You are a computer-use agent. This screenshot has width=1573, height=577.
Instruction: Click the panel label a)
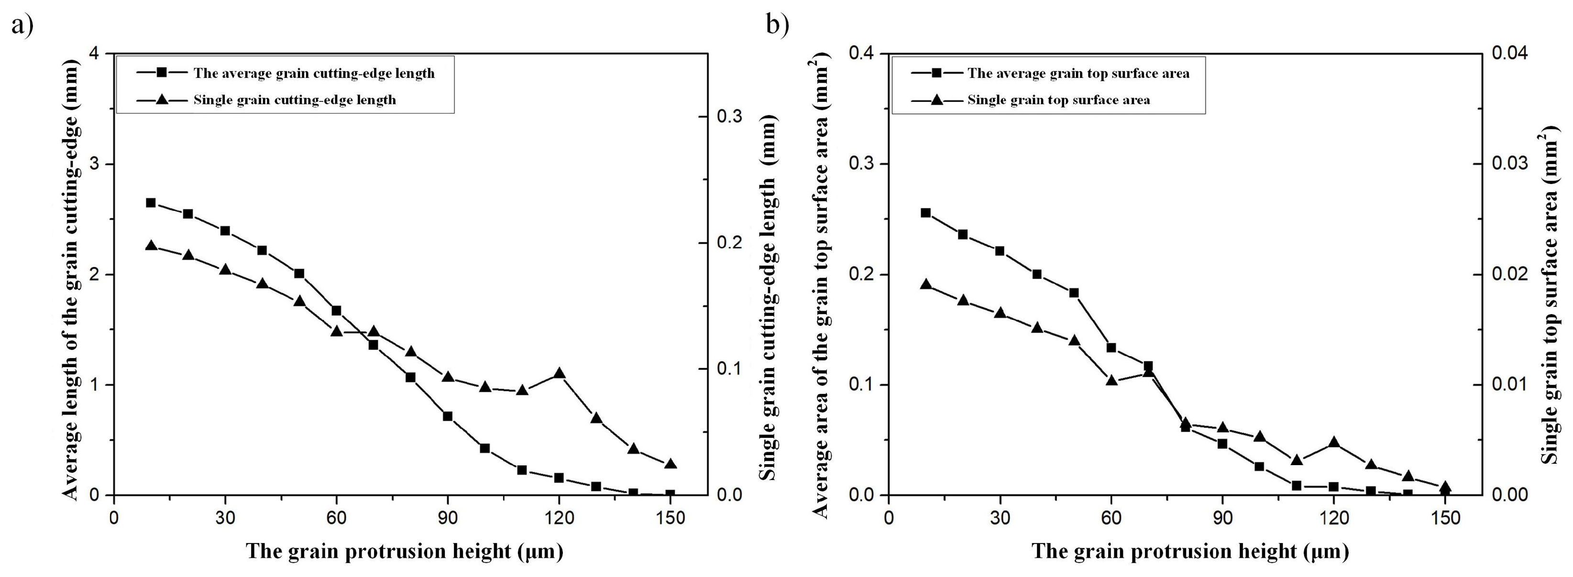(x=22, y=26)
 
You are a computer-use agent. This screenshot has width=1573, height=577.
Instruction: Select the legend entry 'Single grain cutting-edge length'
(x=294, y=100)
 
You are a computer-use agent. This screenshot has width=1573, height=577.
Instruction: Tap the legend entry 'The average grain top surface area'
(x=1078, y=73)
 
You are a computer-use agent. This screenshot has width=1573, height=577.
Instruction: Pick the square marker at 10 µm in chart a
(x=151, y=203)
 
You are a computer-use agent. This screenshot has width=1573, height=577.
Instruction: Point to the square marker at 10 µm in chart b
(x=926, y=212)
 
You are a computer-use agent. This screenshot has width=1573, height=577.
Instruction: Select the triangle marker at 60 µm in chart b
(x=1111, y=381)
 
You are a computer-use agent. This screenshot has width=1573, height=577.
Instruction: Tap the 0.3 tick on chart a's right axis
(x=728, y=116)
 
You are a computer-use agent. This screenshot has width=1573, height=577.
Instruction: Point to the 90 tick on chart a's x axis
(x=448, y=518)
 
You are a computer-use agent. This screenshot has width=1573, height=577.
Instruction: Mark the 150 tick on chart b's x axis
(x=1445, y=518)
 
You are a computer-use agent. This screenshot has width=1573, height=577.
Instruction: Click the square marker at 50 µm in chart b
(x=1074, y=293)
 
